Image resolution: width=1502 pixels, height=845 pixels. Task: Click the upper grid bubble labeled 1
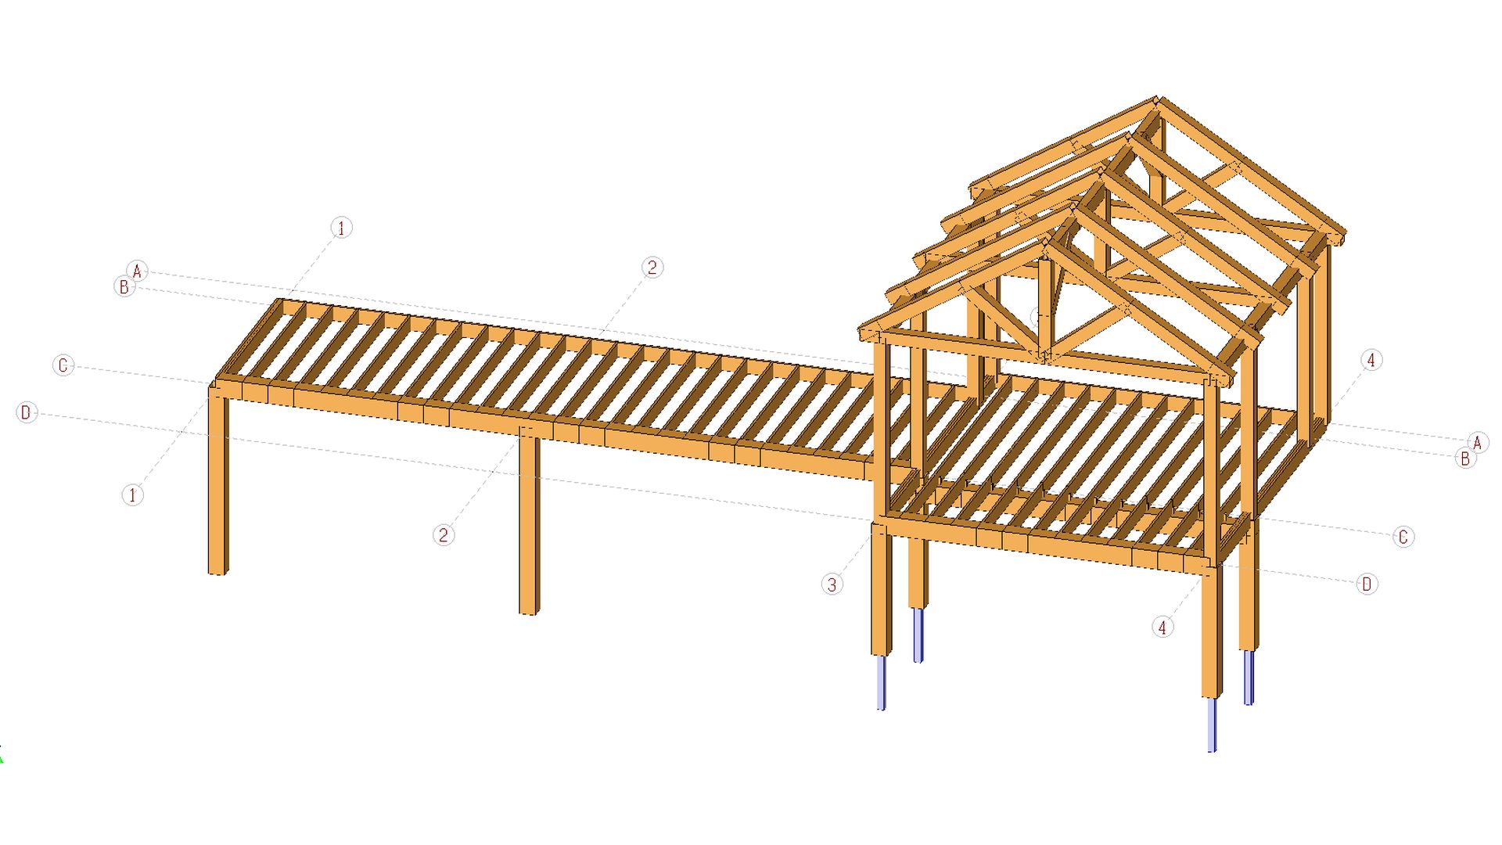point(341,228)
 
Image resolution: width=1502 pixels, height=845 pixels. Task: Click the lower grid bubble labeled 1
point(133,495)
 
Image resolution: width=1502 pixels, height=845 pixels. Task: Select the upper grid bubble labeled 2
point(652,268)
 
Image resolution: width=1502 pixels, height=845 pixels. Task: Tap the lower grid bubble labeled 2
point(444,535)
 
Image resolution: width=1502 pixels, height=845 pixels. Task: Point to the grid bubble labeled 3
point(832,584)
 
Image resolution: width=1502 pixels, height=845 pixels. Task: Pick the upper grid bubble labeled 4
point(1371,360)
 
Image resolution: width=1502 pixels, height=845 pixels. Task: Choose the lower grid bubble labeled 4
point(1162,627)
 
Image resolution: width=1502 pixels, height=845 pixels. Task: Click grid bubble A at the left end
point(138,271)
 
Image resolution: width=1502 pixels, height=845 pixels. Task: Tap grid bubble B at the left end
point(124,286)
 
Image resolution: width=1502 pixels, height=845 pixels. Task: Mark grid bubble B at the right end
point(1464,458)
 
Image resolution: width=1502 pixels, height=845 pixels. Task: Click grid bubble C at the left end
point(63,365)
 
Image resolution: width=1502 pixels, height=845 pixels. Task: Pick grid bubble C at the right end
point(1403,538)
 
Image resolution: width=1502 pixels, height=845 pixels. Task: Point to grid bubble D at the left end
point(27,412)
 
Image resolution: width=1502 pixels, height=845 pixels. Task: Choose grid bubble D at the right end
point(1367,584)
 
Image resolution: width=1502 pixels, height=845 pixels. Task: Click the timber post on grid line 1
point(218,485)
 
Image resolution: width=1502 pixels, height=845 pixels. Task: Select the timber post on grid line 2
point(530,524)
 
